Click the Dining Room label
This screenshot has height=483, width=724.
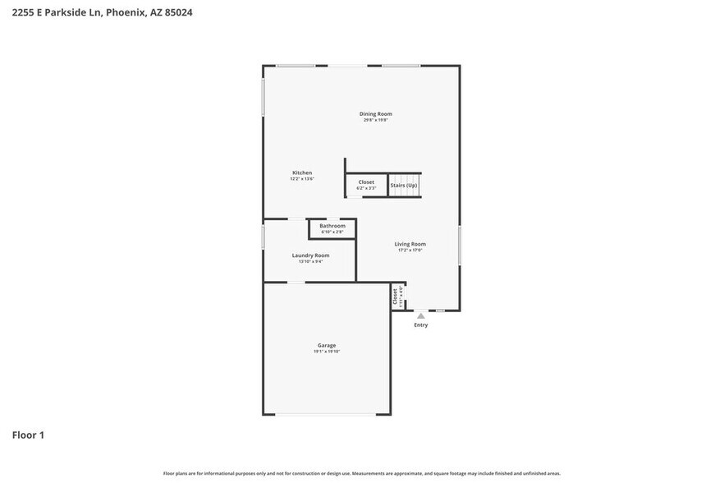point(375,113)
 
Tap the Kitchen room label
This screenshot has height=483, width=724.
point(302,172)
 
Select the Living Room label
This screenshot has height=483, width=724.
point(410,244)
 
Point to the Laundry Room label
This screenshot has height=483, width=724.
point(310,255)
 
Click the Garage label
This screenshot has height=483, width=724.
point(327,345)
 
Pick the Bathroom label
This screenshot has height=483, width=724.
point(332,225)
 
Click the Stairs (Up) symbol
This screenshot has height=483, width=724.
point(404,185)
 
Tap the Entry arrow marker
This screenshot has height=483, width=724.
point(420,315)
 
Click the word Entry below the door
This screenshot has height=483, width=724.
point(420,324)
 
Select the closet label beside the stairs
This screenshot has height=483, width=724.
point(366,182)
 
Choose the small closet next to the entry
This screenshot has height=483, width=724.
point(396,297)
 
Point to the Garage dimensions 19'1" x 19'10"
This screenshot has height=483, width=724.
point(327,352)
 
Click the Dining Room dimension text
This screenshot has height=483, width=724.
point(375,120)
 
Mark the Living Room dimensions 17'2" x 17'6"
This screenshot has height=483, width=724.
point(410,251)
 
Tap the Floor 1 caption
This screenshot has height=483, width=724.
point(28,435)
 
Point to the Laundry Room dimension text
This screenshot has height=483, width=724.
point(310,262)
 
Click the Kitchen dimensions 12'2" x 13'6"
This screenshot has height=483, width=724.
point(302,178)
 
